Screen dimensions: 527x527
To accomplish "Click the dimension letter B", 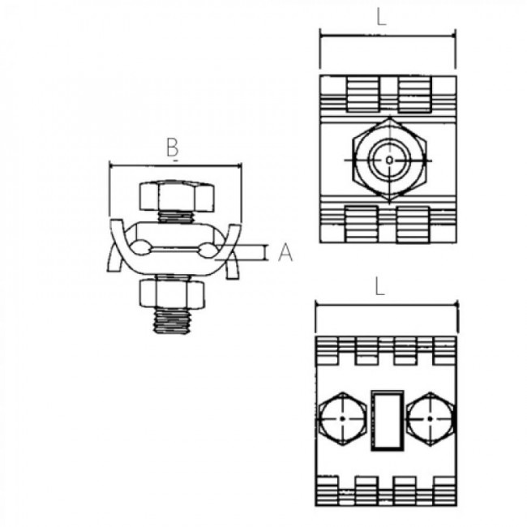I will click(x=172, y=148).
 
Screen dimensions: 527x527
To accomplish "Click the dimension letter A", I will click(x=285, y=253).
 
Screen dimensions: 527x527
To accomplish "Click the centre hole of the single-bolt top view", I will click(x=390, y=160).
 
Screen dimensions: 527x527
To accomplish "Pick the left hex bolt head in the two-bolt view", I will click(x=344, y=419).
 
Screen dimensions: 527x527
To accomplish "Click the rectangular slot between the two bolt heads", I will click(x=387, y=419).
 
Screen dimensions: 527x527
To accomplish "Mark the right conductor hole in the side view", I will click(x=208, y=248).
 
